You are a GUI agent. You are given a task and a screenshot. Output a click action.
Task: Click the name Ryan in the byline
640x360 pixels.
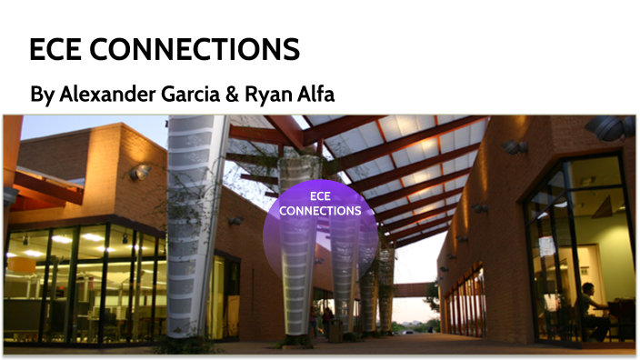pyautogui.click(x=266, y=95)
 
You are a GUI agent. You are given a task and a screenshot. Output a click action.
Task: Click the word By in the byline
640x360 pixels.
pyautogui.click(x=41, y=95)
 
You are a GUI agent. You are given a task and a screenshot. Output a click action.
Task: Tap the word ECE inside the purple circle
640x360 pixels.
pyautogui.click(x=319, y=195)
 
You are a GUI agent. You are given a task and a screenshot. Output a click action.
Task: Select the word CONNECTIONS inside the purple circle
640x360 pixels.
pyautogui.click(x=320, y=211)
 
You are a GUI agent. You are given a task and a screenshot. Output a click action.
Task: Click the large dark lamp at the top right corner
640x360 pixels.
pyautogui.click(x=610, y=127)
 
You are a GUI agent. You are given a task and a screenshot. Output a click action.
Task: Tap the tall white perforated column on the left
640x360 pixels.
pyautogui.click(x=196, y=227)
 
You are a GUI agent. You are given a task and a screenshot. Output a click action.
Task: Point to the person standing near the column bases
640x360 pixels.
pyautogui.click(x=327, y=320)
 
